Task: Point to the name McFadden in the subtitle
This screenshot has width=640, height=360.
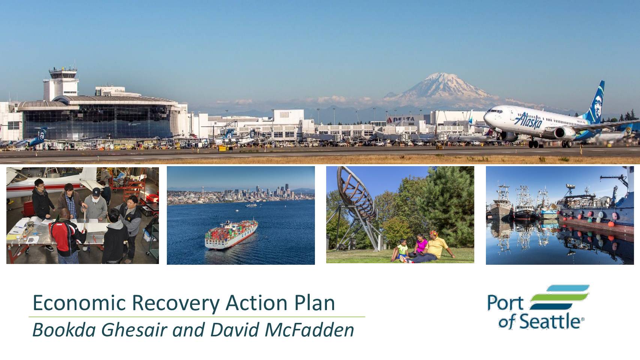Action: (x=309, y=330)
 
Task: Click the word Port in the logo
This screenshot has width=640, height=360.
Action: (x=505, y=303)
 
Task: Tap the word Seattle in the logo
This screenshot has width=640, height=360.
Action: (x=550, y=321)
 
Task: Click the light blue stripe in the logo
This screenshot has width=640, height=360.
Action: (x=568, y=288)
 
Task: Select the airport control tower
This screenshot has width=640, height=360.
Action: (x=62, y=83)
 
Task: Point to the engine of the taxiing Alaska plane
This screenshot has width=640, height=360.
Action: (x=565, y=133)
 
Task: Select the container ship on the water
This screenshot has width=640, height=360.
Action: (x=231, y=234)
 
